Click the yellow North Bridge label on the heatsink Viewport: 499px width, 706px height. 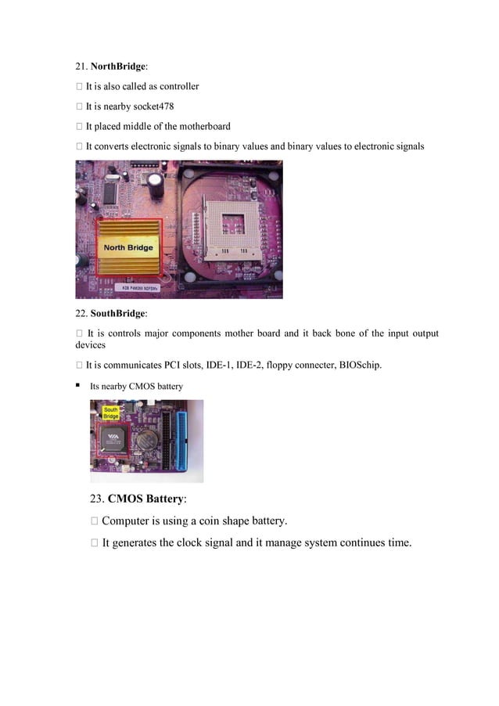coord(128,248)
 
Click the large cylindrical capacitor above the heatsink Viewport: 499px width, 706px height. coord(157,184)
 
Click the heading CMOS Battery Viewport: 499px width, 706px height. coord(146,498)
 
